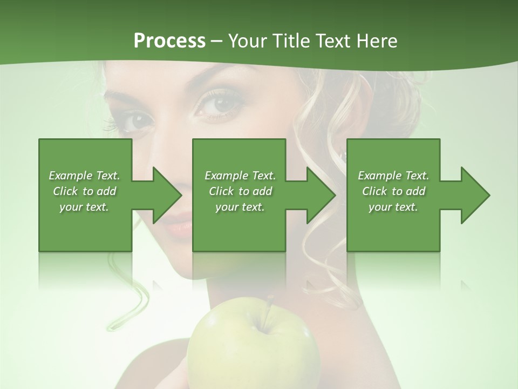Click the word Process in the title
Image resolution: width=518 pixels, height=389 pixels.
(169, 41)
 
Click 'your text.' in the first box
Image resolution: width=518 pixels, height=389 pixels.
(84, 206)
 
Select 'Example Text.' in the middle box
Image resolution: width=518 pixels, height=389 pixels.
(240, 176)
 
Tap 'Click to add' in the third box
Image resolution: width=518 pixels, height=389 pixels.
(393, 191)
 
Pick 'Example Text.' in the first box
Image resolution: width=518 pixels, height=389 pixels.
(84, 176)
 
